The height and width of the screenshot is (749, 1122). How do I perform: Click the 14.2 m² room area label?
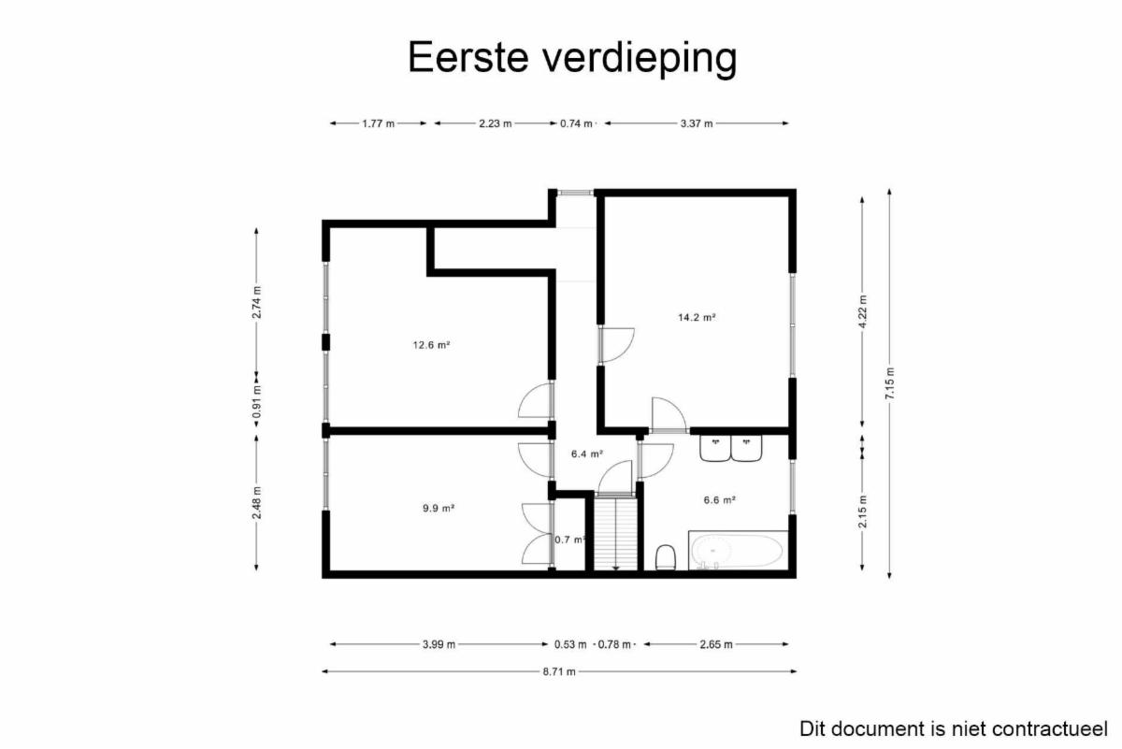click(697, 317)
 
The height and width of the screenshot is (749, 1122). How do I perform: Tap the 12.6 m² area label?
click(431, 345)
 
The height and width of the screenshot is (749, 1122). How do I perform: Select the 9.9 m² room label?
click(439, 508)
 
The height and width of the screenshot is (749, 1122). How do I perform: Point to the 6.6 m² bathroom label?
click(719, 499)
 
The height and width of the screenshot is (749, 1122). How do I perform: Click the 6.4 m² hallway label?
click(586, 454)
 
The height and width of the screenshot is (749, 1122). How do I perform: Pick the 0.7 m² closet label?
click(569, 540)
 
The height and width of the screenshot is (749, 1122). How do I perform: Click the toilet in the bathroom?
click(666, 557)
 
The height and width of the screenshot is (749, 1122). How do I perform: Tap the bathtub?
click(738, 550)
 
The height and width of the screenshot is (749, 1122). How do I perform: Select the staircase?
click(615, 533)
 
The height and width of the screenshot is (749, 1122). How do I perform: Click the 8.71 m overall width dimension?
click(559, 671)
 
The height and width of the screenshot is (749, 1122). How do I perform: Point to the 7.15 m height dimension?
click(889, 383)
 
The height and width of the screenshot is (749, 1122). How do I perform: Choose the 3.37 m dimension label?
click(697, 123)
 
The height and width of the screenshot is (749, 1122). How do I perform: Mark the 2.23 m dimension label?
click(496, 123)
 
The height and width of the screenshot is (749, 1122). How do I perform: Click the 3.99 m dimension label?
click(439, 644)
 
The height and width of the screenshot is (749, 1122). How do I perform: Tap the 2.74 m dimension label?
click(256, 302)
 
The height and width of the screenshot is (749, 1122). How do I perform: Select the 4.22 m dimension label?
click(862, 311)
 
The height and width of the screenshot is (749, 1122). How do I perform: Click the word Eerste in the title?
click(468, 57)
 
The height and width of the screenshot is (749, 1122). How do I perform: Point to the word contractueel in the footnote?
click(1049, 729)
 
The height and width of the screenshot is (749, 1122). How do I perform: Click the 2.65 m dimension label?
click(716, 644)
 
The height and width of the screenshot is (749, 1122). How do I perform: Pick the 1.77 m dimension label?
click(378, 123)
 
